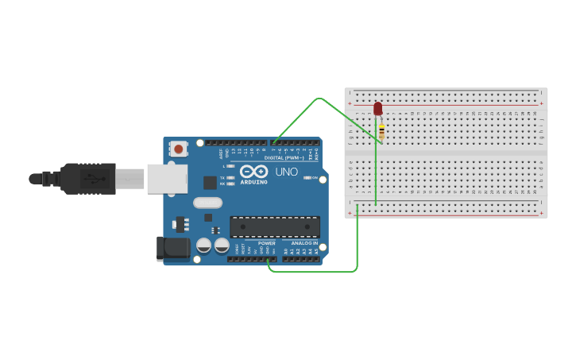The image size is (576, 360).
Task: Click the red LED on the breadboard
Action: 377,108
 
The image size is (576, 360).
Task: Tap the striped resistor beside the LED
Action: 381,132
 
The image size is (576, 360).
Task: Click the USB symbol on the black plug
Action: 96,178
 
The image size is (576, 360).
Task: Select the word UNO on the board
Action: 286,172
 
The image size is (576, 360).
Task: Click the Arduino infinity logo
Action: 253,172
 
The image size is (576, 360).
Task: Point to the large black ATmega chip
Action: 275,226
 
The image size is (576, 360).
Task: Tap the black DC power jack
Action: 173,249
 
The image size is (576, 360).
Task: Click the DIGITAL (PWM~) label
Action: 287,158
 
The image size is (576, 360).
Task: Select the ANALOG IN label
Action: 304,243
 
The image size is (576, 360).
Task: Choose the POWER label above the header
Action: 266,243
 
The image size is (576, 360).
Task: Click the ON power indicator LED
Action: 307,177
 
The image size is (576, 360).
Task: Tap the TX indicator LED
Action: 230,177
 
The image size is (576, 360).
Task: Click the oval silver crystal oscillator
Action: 207,203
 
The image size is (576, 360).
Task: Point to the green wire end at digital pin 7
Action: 274,144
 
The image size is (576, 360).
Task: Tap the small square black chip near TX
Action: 210,183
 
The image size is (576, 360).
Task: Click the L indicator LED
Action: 230,166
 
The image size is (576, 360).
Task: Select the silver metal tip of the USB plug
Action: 130,179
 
